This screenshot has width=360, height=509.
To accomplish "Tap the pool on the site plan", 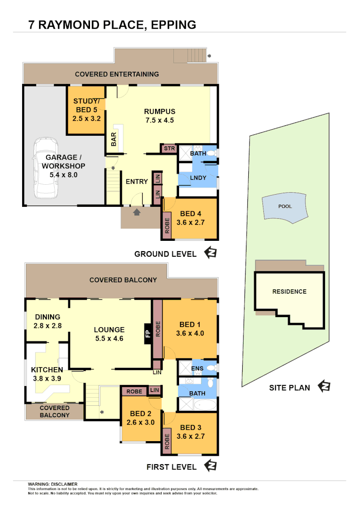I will (285, 207).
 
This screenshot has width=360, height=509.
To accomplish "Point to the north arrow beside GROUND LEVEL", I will (210, 253).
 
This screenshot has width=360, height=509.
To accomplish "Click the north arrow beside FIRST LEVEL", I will (210, 466).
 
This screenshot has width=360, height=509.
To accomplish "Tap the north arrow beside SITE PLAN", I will (324, 387).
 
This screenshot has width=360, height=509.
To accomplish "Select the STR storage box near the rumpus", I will (169, 149).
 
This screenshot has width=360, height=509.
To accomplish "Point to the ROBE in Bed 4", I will (167, 225).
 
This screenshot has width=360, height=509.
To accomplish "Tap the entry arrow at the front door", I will (137, 212).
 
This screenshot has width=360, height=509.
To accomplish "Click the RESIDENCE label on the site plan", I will (289, 292).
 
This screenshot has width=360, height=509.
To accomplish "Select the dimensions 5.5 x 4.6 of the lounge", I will (109, 338).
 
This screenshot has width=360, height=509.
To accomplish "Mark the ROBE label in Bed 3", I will (167, 440).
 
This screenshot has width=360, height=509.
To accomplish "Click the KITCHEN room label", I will (47, 370).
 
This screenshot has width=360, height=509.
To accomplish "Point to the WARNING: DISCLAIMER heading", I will (53, 484).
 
